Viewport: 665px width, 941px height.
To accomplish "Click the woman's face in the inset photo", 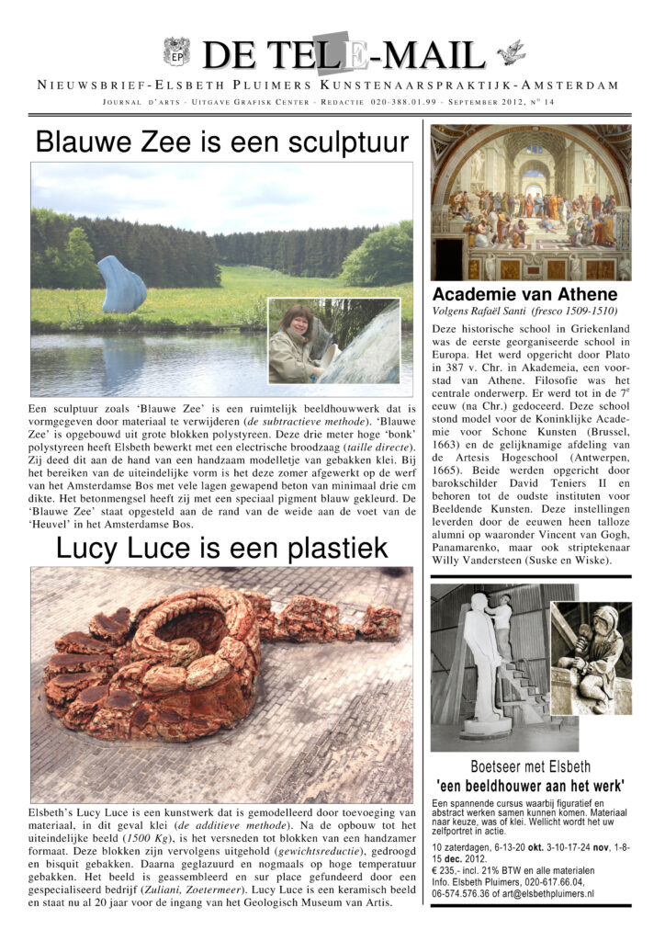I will (299, 324).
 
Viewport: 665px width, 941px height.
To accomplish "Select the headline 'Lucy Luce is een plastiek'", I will (221, 548).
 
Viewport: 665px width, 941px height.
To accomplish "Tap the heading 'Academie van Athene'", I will (525, 295).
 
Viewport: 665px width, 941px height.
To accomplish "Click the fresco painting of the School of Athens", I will (530, 202).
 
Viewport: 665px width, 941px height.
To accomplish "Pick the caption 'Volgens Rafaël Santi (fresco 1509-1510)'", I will (526, 312).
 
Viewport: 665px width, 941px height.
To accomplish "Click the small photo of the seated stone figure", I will (591, 658).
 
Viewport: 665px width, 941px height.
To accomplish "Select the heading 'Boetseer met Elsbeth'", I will (530, 765).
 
